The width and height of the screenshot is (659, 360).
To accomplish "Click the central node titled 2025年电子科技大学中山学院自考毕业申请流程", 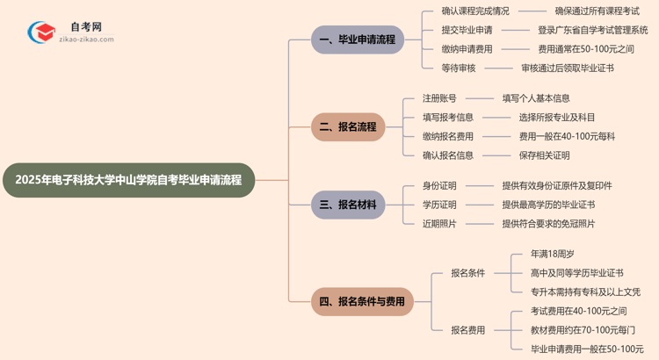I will (x=128, y=180).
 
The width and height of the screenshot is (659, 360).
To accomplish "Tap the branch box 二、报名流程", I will (x=348, y=126).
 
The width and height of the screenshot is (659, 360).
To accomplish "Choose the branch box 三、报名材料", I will (x=348, y=205).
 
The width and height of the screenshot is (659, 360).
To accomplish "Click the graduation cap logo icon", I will (x=41, y=33).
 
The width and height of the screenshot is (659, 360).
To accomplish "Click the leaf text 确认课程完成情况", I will (x=475, y=11).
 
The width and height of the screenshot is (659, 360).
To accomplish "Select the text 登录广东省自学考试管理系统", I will (x=592, y=30).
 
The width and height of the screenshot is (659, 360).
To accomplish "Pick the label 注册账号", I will (x=440, y=98).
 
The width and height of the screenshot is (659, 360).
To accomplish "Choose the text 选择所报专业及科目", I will (x=556, y=117).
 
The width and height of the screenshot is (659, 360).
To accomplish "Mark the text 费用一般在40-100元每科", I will (x=567, y=136).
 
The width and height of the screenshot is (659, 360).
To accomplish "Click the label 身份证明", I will (x=440, y=186).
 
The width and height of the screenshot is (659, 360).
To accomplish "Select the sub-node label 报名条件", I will (x=467, y=273).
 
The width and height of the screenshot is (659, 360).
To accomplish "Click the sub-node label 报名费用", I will (x=467, y=330).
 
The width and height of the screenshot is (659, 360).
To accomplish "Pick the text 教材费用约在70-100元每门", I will (x=583, y=330).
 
